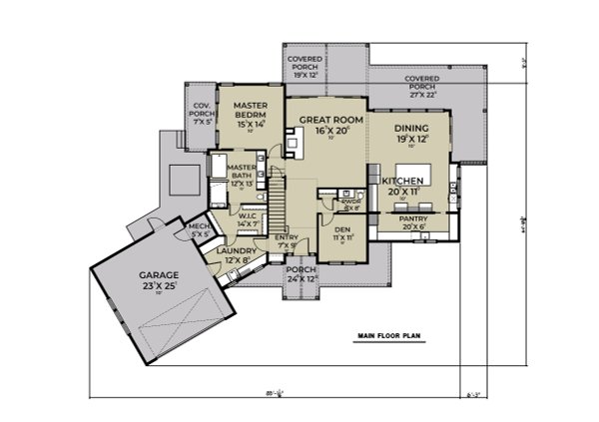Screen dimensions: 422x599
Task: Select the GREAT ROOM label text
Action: tap(326, 124)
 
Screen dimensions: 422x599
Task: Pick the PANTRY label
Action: tap(412, 221)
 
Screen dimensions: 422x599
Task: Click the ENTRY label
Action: tap(287, 240)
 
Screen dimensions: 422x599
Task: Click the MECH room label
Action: tap(199, 230)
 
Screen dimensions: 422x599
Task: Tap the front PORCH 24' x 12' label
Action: tap(300, 274)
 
